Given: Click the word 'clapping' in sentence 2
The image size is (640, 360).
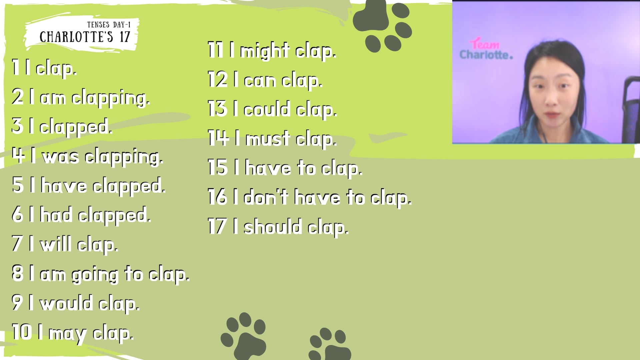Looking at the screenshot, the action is [111, 98].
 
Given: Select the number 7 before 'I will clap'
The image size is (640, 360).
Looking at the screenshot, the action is [17, 243].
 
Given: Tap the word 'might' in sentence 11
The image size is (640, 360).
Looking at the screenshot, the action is [265, 51].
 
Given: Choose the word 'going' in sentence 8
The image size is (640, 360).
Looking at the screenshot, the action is [95, 275].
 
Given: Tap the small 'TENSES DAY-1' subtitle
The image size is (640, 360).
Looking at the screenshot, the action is [109, 25].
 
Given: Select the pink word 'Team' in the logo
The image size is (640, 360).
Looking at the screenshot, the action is [485, 44].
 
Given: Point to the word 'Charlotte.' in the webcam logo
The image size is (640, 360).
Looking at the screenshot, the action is [486, 55].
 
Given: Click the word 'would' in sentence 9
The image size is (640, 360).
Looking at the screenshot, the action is [66, 303].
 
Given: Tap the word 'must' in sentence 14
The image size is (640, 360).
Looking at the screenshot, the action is [268, 139].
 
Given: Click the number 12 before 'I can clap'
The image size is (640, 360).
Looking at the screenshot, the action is [218, 80].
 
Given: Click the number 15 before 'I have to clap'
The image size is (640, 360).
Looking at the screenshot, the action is [218, 167].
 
